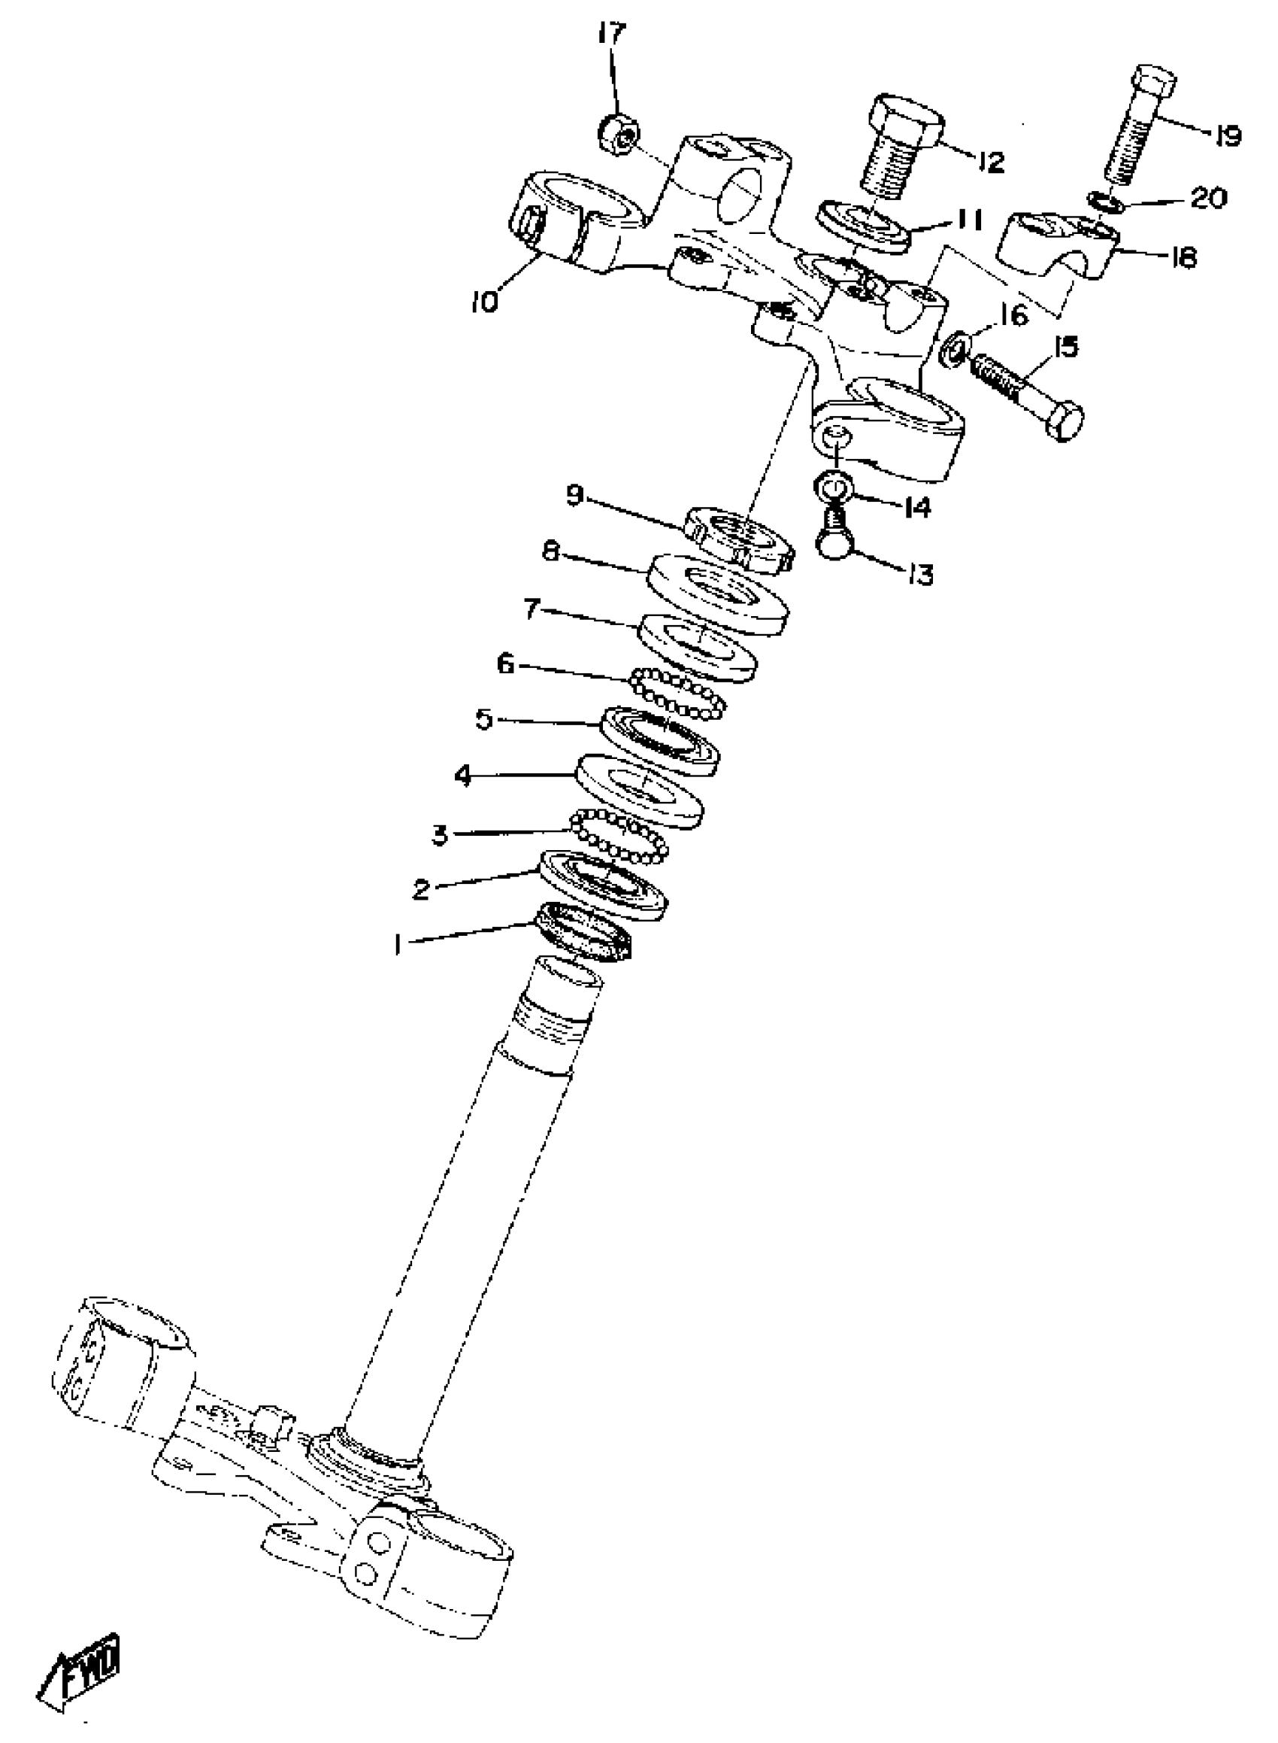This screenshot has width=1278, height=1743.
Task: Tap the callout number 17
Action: [x=611, y=35]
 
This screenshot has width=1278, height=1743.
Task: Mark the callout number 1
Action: [x=398, y=944]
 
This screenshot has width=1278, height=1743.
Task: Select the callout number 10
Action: [x=485, y=301]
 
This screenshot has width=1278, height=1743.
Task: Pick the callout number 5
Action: [x=484, y=720]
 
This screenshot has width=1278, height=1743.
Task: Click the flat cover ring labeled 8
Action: [x=718, y=594]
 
